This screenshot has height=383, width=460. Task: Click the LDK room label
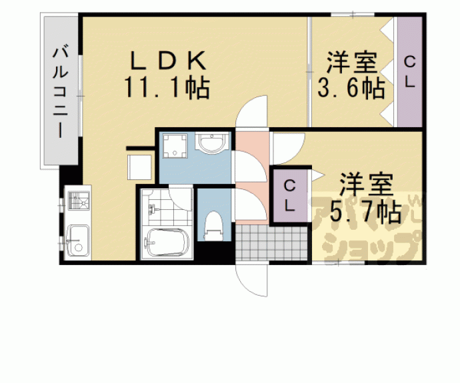point(167,61)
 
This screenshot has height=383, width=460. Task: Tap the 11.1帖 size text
point(167,87)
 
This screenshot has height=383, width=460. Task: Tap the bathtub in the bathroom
point(169,242)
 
